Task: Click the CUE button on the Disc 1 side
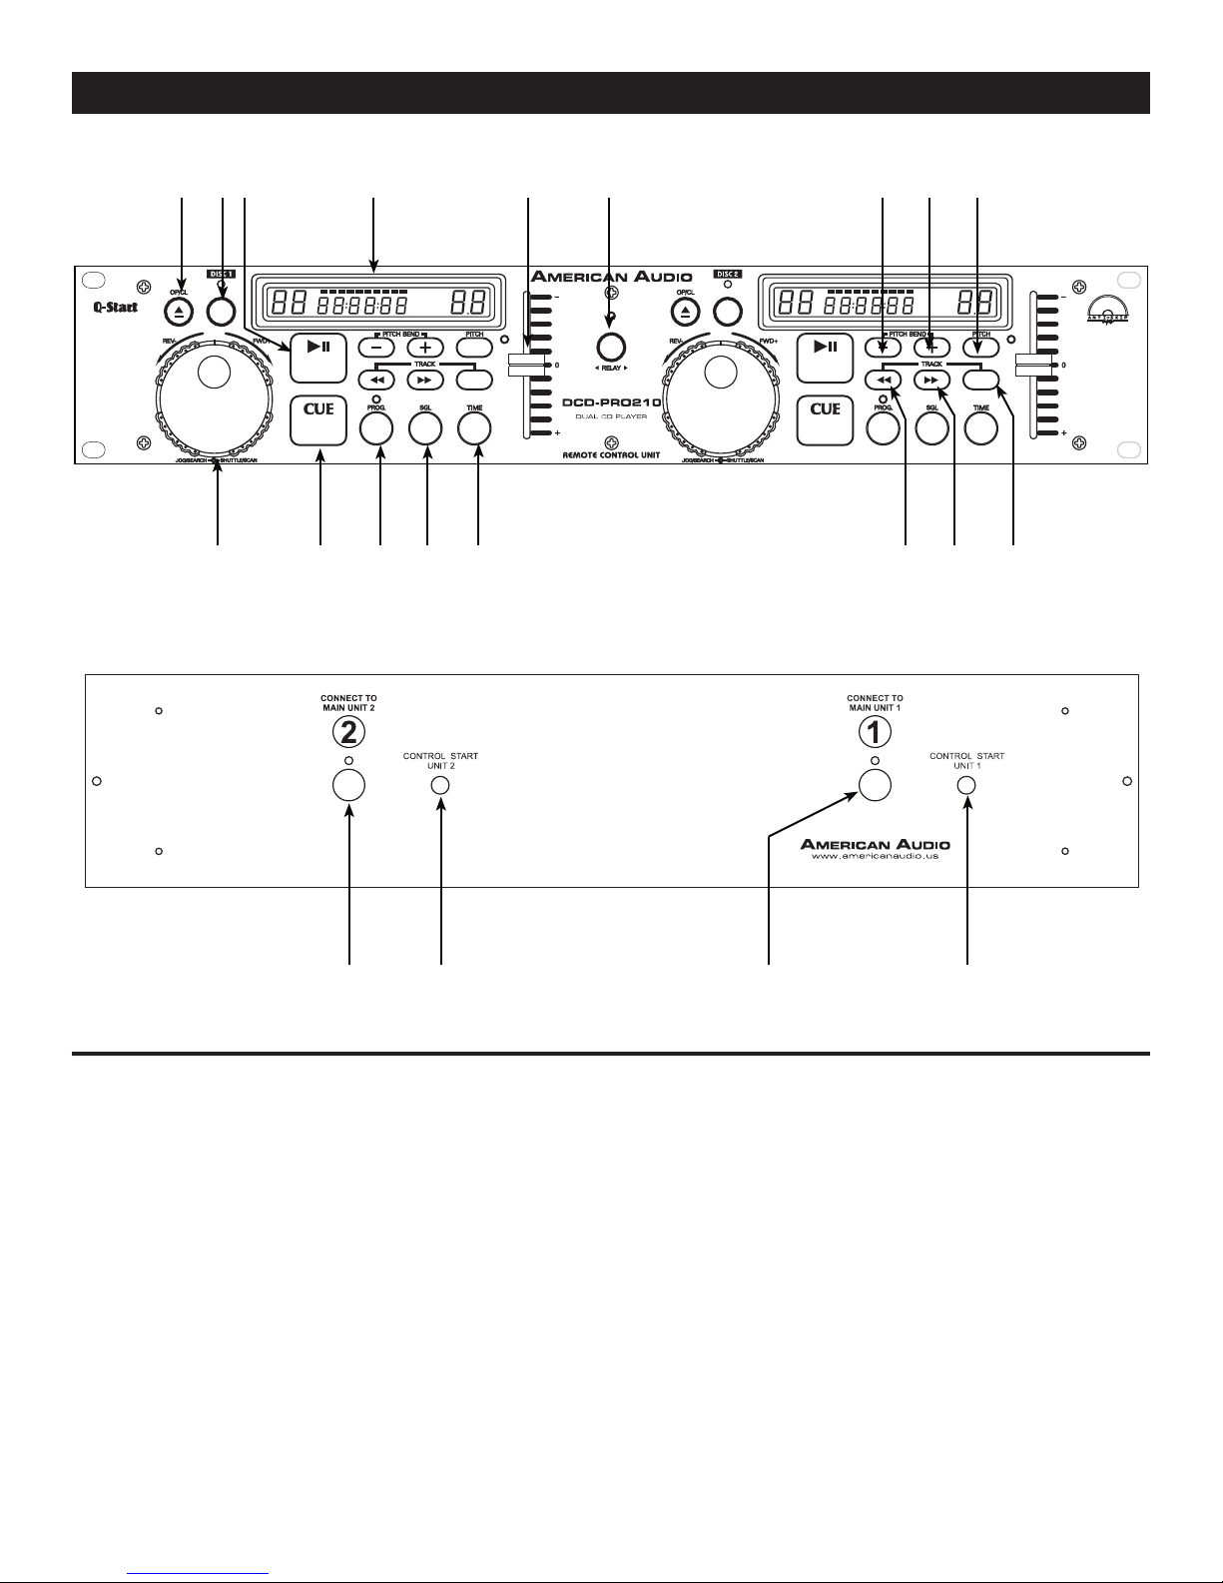(x=318, y=420)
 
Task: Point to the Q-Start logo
(x=108, y=308)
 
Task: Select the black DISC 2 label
(x=728, y=273)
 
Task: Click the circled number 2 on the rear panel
(x=347, y=733)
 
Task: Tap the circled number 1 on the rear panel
(x=875, y=733)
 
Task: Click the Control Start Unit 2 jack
(x=440, y=785)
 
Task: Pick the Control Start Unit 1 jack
(x=966, y=785)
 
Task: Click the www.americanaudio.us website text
(x=876, y=856)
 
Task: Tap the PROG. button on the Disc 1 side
(x=376, y=427)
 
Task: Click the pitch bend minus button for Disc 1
(x=376, y=348)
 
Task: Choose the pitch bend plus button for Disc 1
(x=424, y=348)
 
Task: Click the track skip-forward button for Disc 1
(x=424, y=380)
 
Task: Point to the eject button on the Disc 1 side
(x=179, y=312)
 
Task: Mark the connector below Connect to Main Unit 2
(x=347, y=785)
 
